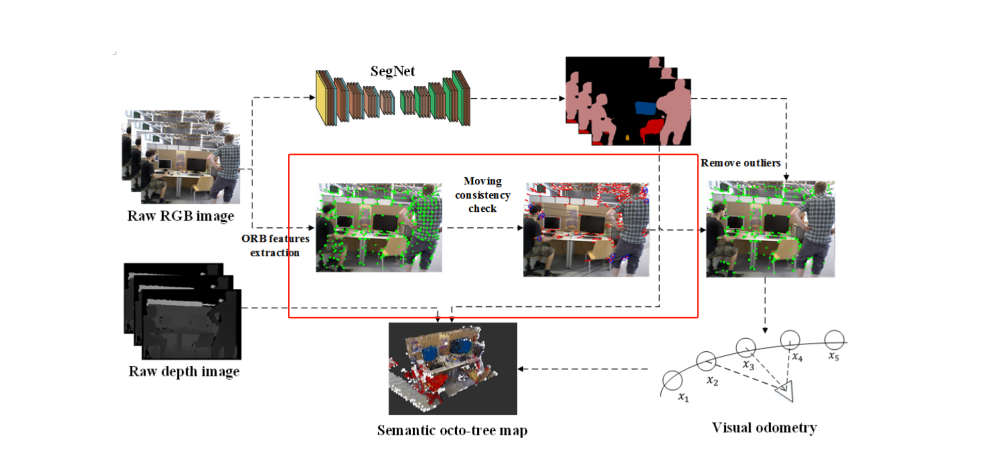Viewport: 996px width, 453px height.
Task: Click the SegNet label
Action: (392, 71)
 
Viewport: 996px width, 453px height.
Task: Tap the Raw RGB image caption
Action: (180, 216)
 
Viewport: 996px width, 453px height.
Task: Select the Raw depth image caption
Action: (184, 371)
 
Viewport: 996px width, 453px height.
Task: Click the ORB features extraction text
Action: (275, 245)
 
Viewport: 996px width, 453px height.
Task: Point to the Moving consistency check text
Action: (483, 195)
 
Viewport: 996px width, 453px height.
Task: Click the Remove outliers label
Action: (740, 163)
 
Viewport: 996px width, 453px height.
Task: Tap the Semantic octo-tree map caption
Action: (452, 430)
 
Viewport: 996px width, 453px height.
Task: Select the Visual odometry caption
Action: (764, 428)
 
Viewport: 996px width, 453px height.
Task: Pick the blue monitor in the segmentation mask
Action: (645, 108)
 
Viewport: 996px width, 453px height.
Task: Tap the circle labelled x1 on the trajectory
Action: (672, 381)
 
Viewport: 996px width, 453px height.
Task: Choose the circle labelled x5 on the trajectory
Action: (834, 340)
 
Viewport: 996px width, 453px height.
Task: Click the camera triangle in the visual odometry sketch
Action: (785, 391)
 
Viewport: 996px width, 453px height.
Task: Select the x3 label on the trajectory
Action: (748, 365)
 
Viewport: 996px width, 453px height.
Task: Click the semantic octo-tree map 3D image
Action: (453, 368)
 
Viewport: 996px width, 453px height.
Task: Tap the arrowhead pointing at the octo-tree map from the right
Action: (521, 369)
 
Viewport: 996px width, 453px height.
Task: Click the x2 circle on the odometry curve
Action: (706, 361)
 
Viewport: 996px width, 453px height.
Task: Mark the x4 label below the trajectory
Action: (797, 357)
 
